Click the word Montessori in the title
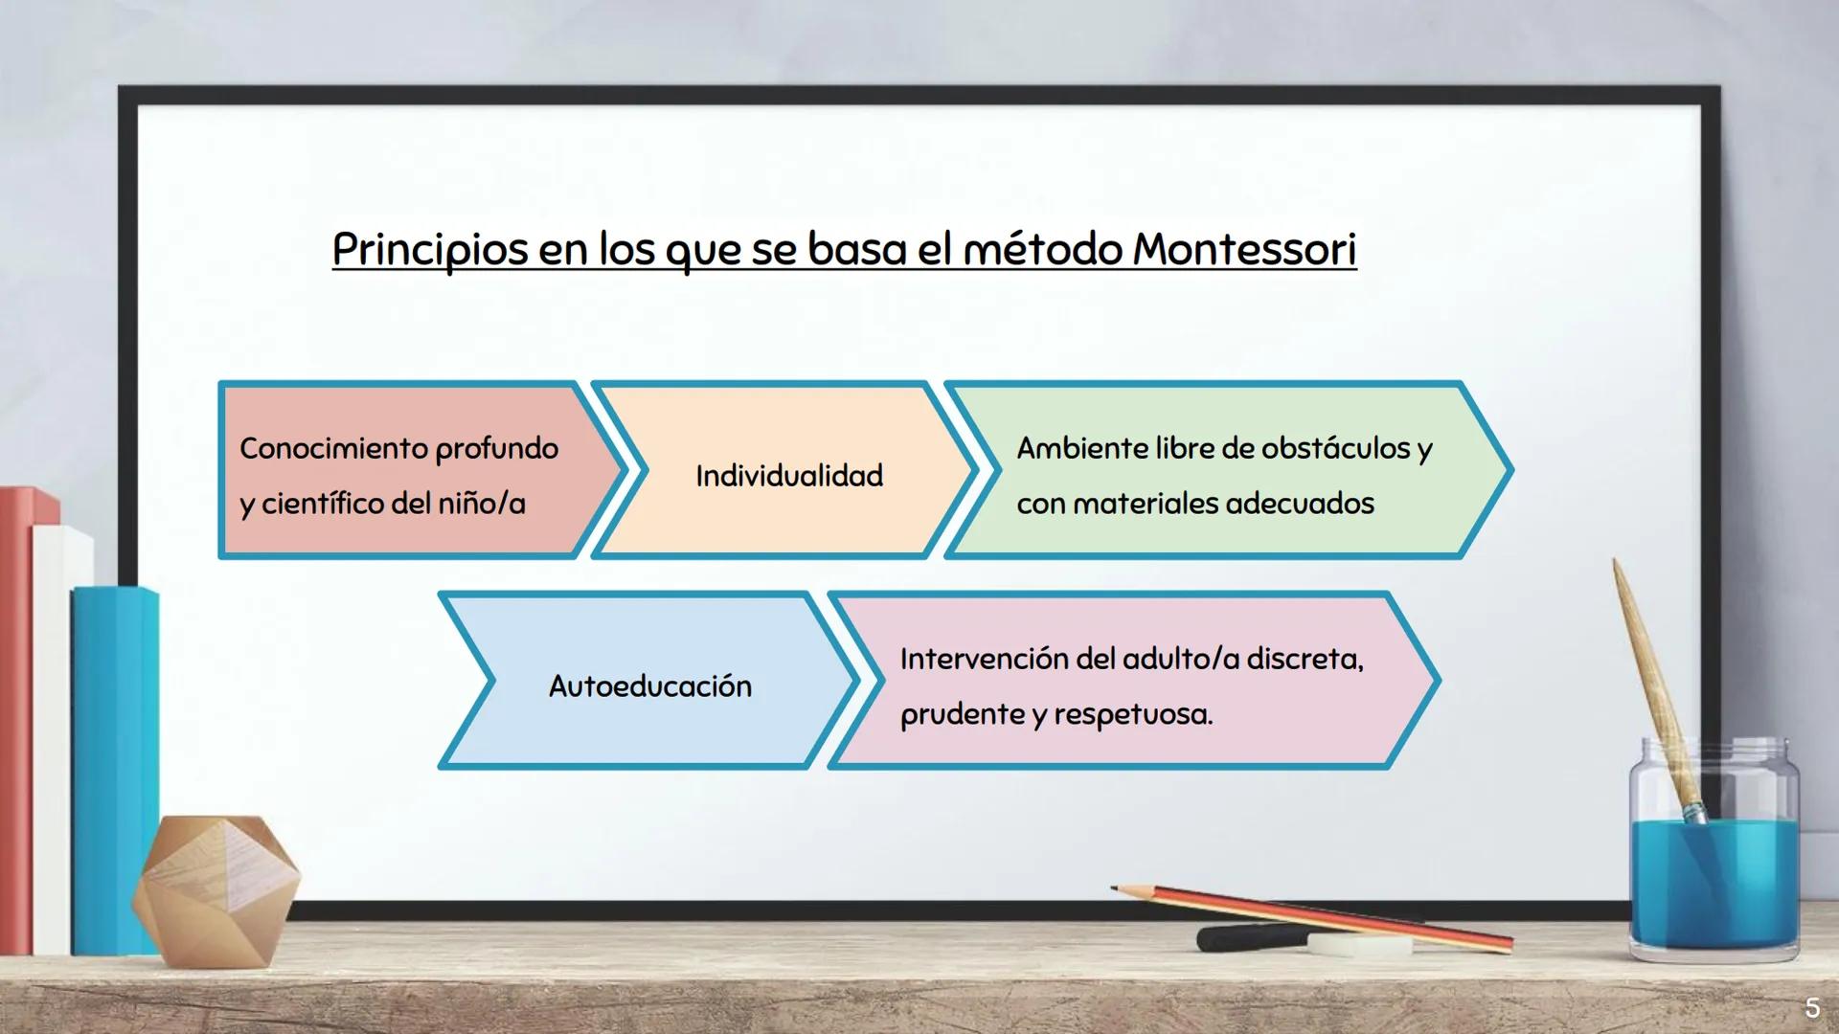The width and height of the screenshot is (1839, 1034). (x=1244, y=250)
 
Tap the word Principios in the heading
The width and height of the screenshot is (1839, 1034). (x=430, y=250)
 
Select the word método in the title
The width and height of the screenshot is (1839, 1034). (x=1042, y=250)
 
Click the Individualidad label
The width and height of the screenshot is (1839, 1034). (x=789, y=476)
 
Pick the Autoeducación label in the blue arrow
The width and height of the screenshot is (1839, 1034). (x=649, y=686)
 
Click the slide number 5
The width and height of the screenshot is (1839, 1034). (x=1811, y=1007)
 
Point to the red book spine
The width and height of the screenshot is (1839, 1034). (x=15, y=718)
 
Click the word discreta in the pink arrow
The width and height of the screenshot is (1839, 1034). (x=1304, y=659)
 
